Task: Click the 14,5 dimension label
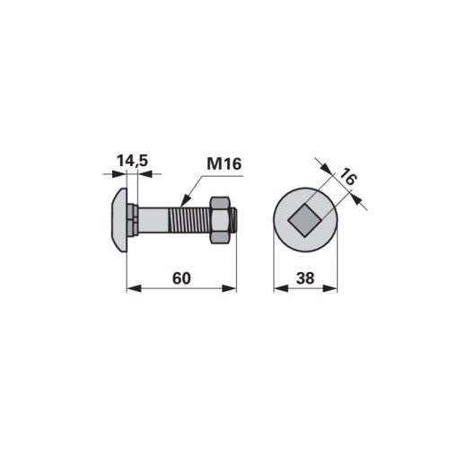pyautogui.click(x=132, y=161)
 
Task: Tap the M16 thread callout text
pyautogui.click(x=224, y=164)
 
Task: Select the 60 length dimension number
pyautogui.click(x=181, y=278)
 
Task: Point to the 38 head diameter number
pyautogui.click(x=305, y=278)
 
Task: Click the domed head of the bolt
pyautogui.click(x=119, y=220)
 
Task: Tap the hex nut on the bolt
pyautogui.click(x=221, y=220)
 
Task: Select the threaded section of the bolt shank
pyautogui.click(x=190, y=220)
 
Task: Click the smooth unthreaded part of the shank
pyautogui.click(x=154, y=220)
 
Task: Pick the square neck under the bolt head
pyautogui.click(x=132, y=220)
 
